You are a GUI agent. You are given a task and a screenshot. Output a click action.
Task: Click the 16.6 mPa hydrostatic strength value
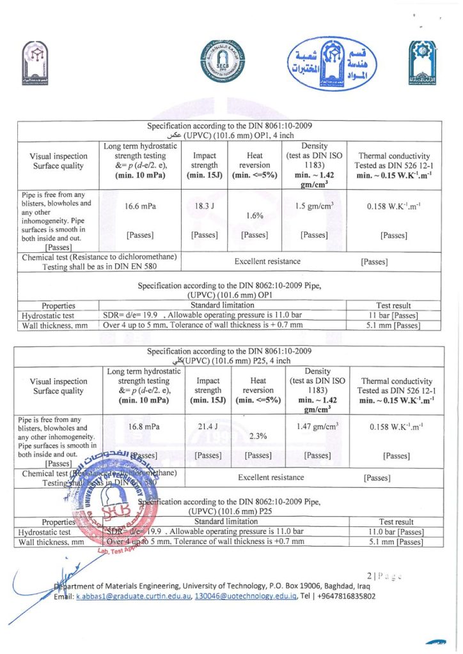pos(140,206)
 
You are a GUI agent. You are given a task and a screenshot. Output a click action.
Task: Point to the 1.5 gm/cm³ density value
pos(314,206)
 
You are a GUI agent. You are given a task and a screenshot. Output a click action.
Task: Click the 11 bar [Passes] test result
pos(393,316)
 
